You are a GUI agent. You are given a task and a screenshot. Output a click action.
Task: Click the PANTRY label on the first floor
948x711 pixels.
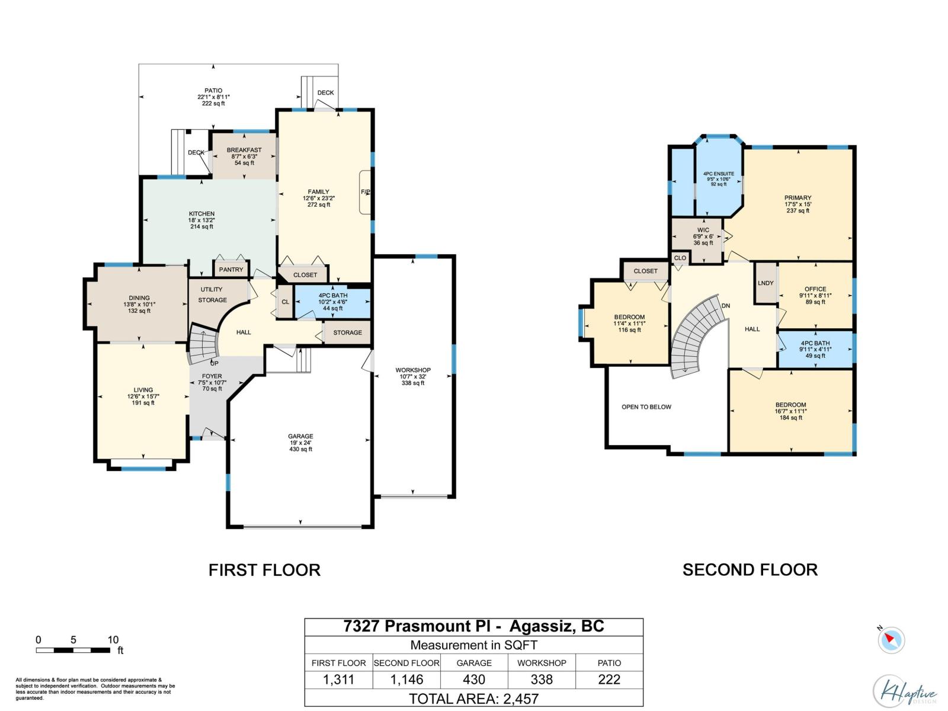(231, 270)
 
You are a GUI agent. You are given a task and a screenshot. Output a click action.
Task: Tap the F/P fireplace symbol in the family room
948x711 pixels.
(366, 192)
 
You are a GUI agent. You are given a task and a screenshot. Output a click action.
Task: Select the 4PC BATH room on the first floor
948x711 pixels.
(332, 302)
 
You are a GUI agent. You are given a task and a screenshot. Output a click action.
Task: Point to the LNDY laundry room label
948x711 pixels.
(766, 283)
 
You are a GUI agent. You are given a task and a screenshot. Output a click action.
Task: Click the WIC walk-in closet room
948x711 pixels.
(703, 236)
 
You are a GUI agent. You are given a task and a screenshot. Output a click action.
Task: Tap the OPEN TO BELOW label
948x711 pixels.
(646, 407)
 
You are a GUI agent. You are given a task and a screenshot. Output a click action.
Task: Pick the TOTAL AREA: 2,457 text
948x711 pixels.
(474, 699)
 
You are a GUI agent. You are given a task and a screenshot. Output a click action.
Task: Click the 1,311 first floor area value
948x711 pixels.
(338, 680)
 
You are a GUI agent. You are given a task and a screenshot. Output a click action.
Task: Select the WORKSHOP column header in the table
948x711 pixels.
(542, 663)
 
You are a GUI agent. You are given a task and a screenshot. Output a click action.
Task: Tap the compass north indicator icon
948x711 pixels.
(891, 640)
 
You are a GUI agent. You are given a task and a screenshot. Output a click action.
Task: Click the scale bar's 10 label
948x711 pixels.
(113, 640)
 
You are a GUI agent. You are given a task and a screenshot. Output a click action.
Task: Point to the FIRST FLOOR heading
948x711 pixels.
(264, 570)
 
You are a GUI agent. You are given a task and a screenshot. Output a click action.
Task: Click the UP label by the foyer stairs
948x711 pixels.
(214, 363)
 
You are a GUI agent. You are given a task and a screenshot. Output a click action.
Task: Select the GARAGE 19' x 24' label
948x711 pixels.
(301, 443)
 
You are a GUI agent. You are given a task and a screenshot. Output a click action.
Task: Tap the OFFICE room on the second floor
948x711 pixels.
(815, 295)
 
